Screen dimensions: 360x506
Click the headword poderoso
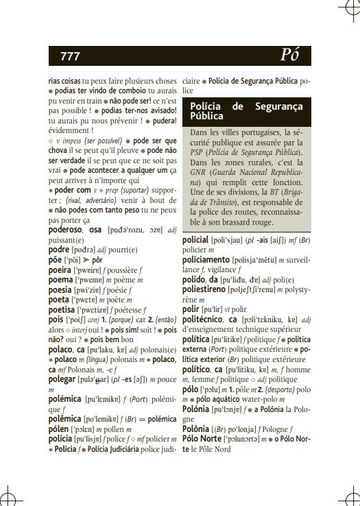point(67,230)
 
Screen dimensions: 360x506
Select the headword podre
point(59,250)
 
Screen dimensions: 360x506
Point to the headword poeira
point(60,270)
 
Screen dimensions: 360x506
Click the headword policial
point(200,241)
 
